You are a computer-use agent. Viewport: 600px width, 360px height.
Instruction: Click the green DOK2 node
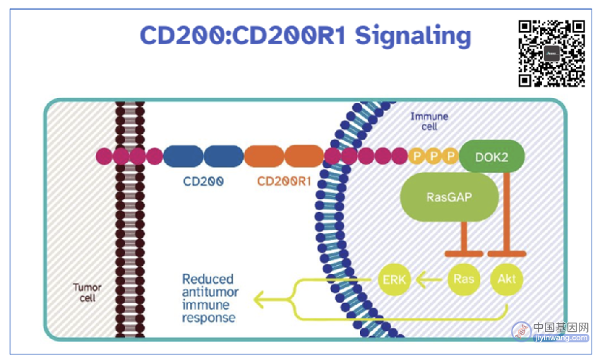[492, 157]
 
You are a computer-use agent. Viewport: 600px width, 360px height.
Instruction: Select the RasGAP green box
[449, 197]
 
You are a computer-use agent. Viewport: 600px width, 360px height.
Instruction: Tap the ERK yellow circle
[394, 280]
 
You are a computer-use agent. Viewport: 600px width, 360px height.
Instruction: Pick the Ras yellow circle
[464, 279]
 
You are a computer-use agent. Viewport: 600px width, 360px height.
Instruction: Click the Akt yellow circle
[507, 279]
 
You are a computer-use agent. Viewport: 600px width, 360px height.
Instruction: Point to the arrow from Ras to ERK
[429, 280]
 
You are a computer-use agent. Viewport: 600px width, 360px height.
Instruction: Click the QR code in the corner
[552, 53]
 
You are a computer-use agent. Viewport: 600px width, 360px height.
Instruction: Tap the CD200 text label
[203, 181]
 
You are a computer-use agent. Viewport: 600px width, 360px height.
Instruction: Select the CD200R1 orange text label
[284, 181]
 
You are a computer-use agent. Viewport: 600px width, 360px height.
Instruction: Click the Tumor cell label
[88, 293]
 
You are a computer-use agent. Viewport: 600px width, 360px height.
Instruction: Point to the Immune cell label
[429, 121]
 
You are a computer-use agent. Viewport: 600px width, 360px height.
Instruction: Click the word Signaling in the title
[413, 36]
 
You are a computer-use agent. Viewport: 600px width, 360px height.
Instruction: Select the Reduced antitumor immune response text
[210, 299]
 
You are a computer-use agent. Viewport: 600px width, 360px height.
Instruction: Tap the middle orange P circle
[434, 156]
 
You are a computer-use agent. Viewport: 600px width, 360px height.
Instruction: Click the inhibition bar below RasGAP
[464, 253]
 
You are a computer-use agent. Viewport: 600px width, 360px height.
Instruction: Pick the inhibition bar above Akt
[507, 253]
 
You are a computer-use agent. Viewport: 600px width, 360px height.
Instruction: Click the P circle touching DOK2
[451, 156]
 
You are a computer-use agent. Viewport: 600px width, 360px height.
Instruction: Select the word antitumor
[210, 292]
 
